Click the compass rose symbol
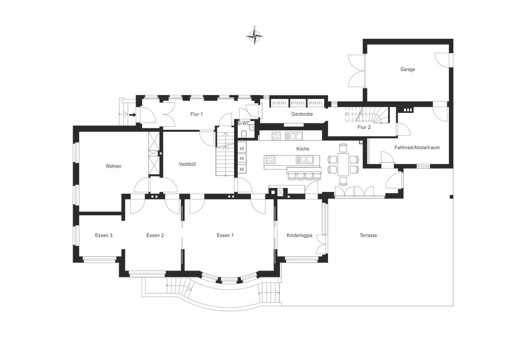(x=254, y=36)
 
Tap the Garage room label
(x=408, y=70)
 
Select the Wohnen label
(x=113, y=166)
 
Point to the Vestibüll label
(x=187, y=164)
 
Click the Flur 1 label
(x=197, y=114)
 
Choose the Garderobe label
(x=302, y=114)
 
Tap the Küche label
(x=303, y=149)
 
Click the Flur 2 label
(x=364, y=127)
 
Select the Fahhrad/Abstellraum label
(x=417, y=148)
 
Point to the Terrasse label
(x=368, y=235)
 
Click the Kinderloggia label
(x=300, y=235)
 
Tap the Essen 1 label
(x=225, y=235)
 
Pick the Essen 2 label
(x=155, y=235)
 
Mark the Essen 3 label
(x=103, y=235)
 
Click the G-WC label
(x=244, y=123)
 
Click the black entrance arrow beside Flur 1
(x=132, y=114)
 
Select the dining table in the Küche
(x=343, y=164)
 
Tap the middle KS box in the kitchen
(x=242, y=159)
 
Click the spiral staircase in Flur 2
(x=378, y=115)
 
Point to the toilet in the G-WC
(x=244, y=133)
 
